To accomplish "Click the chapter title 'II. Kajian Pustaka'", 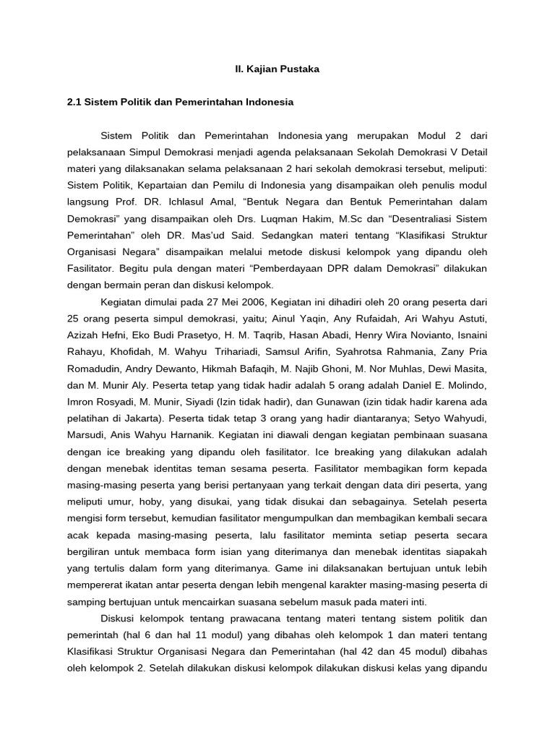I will coord(278,69).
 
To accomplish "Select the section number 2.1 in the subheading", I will coord(74,103).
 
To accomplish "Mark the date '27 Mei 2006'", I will coord(212,301).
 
